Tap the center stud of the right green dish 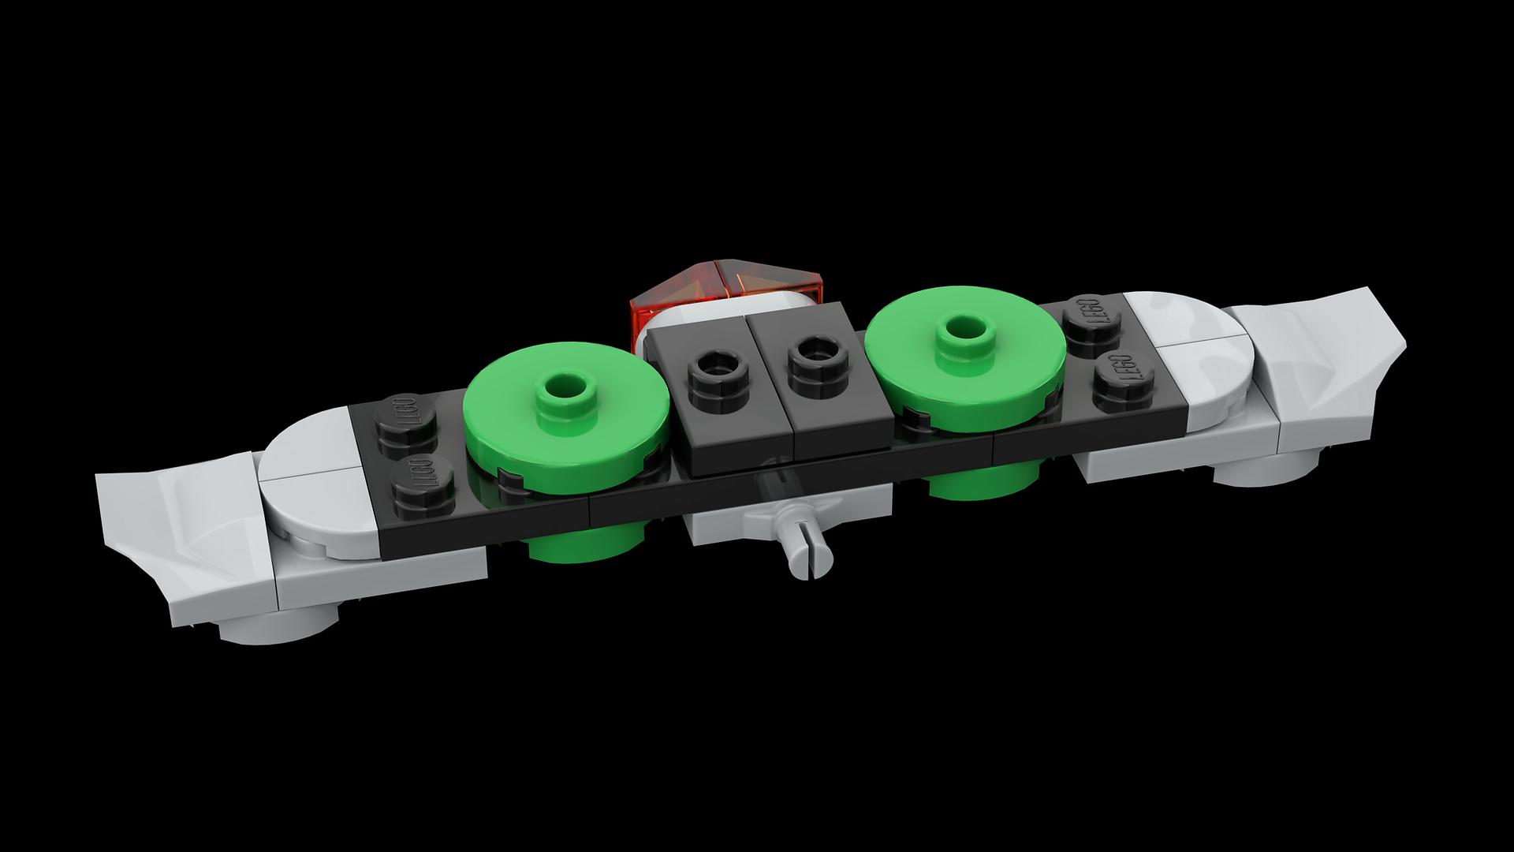(x=963, y=332)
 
